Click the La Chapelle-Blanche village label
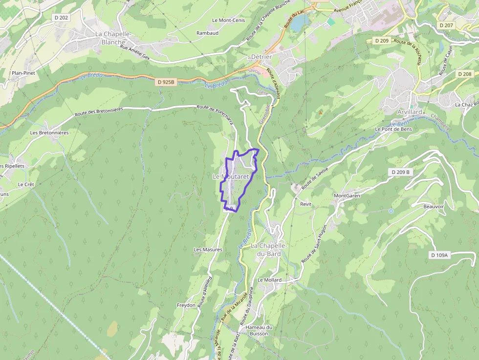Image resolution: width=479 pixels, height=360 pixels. click(x=113, y=38)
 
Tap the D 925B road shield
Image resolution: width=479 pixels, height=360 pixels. click(x=166, y=83)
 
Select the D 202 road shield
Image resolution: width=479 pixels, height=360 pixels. click(x=62, y=18)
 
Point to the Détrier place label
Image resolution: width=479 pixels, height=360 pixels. click(x=261, y=57)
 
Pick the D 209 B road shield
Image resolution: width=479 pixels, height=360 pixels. click(x=400, y=172)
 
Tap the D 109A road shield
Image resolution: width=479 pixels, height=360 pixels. click(x=439, y=255)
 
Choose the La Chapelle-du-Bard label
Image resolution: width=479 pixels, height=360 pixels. click(x=268, y=250)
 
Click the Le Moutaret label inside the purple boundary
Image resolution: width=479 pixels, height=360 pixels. click(x=231, y=176)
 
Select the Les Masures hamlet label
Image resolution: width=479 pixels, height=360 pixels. click(x=208, y=250)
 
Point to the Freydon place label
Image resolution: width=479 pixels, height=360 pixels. click(x=186, y=305)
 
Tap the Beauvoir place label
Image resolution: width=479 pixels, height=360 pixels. click(x=434, y=207)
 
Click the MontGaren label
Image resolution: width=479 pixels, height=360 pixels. click(x=347, y=196)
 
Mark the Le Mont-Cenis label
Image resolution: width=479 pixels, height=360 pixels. click(x=228, y=21)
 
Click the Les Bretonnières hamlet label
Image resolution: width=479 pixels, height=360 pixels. click(x=49, y=132)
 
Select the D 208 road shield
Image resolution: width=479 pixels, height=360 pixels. click(x=464, y=74)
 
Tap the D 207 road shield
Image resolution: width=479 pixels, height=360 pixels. click(x=446, y=25)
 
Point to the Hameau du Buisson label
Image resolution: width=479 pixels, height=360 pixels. click(x=259, y=330)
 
